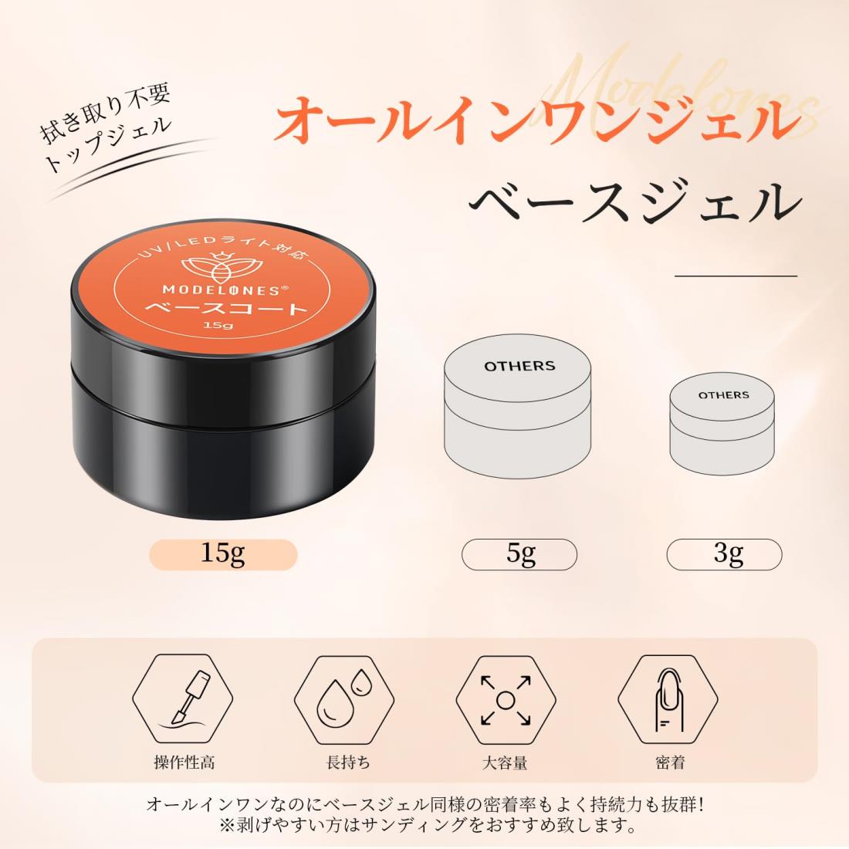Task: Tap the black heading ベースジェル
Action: [634, 201]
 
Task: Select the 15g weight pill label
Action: [223, 554]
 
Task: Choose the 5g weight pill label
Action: [519, 554]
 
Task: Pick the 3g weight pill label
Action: [724, 554]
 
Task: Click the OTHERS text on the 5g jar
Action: [519, 366]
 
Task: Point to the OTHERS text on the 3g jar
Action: [723, 395]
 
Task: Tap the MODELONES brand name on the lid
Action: [222, 290]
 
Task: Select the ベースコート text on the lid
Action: [226, 309]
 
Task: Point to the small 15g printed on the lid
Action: [218, 325]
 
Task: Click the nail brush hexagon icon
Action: [183, 699]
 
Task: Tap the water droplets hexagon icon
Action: [344, 699]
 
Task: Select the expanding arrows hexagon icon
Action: [506, 699]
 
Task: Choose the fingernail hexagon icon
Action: [668, 699]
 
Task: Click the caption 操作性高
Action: [184, 763]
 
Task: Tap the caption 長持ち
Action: [349, 763]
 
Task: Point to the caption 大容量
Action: [505, 763]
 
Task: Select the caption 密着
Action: [670, 763]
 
